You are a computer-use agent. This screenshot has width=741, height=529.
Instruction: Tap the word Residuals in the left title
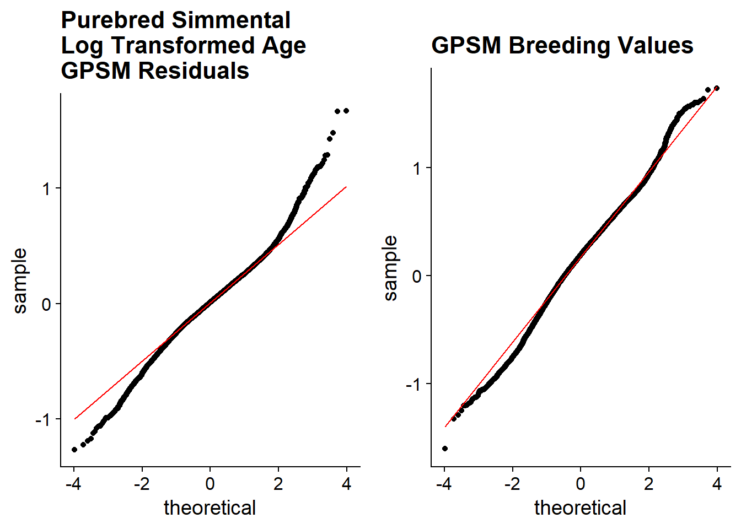(x=194, y=71)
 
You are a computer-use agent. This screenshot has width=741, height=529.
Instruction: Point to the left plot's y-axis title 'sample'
(x=20, y=281)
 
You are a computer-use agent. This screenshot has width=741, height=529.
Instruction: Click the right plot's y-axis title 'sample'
(x=390, y=268)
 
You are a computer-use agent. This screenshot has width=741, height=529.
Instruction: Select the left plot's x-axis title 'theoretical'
(x=210, y=508)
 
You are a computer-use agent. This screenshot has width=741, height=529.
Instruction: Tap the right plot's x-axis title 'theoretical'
(x=581, y=508)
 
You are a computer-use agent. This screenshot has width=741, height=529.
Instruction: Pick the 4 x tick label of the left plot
(x=346, y=484)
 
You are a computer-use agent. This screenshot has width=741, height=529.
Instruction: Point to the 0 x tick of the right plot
(x=581, y=484)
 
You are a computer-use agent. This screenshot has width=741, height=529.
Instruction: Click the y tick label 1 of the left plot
(x=46, y=189)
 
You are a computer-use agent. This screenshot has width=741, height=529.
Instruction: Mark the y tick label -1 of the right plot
(x=414, y=385)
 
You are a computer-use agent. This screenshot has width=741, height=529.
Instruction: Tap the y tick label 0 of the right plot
(x=417, y=276)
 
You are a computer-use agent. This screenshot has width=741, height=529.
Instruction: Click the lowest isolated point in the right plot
(x=445, y=449)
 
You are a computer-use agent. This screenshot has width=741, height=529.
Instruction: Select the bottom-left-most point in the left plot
(x=74, y=450)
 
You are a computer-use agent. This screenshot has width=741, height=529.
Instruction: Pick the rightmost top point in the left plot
(x=346, y=111)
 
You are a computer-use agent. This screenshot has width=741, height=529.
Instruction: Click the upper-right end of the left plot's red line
(x=346, y=187)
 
